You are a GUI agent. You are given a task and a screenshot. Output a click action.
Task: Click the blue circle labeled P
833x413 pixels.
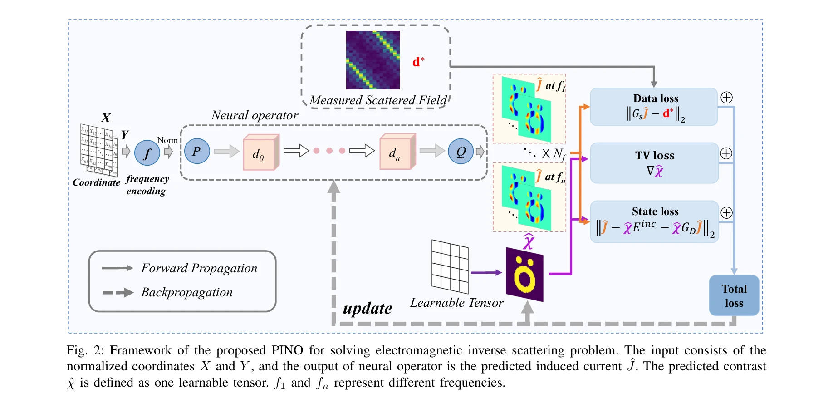click(x=197, y=151)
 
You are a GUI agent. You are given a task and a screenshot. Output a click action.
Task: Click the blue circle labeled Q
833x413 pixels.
click(x=461, y=151)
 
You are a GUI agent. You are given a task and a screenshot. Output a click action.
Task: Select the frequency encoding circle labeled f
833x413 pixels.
click(x=147, y=153)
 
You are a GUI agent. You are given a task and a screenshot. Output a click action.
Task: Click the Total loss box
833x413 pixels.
click(x=734, y=295)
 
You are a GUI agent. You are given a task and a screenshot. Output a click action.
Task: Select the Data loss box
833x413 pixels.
click(x=653, y=107)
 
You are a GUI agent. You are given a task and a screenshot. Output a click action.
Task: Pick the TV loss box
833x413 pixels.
click(x=654, y=163)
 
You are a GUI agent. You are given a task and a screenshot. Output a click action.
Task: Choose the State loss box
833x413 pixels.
click(x=654, y=221)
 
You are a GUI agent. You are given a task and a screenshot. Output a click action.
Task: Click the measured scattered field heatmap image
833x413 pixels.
click(x=372, y=60)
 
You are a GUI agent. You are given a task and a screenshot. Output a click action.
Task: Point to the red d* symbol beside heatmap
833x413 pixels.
click(x=418, y=62)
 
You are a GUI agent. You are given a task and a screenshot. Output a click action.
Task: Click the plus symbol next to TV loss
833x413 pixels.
click(x=726, y=153)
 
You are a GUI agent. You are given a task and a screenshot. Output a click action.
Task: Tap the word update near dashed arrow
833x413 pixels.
click(x=367, y=309)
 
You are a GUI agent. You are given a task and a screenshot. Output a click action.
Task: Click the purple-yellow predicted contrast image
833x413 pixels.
click(x=524, y=275)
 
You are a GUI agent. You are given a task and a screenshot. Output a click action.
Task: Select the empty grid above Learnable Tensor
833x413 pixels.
click(x=450, y=266)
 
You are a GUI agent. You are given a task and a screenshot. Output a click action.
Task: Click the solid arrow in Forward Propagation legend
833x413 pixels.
click(x=117, y=268)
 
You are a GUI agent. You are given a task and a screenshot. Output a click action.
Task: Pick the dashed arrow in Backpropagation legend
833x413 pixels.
click(x=117, y=293)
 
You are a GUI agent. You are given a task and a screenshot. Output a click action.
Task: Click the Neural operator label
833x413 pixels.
click(x=255, y=115)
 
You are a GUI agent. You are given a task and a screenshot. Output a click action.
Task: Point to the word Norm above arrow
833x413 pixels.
click(x=167, y=140)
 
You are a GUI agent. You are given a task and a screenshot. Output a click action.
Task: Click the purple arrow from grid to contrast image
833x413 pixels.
click(x=486, y=273)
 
